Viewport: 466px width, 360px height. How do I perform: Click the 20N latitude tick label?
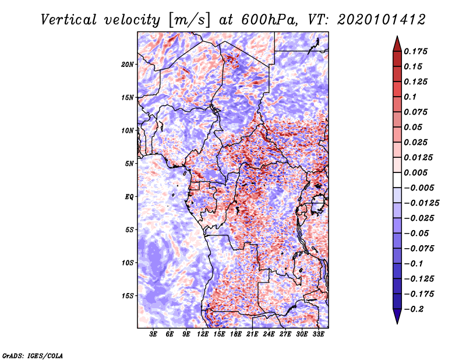128,65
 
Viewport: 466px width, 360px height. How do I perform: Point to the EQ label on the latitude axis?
129,197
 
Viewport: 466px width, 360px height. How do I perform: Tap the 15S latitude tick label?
128,296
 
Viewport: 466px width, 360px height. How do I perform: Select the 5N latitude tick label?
129,164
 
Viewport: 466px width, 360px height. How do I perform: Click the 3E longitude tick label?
153,334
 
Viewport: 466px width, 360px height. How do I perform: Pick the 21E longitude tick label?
252,334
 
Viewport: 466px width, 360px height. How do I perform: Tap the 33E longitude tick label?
318,334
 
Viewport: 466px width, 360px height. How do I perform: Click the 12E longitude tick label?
203,334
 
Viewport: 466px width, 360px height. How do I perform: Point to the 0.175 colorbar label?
415,51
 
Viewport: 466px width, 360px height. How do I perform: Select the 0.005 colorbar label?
415,172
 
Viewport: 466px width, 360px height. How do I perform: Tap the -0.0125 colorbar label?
421,203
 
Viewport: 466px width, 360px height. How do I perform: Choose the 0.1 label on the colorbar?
410,97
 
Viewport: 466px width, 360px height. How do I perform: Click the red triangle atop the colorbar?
397,44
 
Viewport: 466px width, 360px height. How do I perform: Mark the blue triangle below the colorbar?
397,316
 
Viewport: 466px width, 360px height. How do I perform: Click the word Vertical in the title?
69,20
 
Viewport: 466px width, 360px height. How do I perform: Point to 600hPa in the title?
269,20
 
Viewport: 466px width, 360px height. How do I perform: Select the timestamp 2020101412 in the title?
382,20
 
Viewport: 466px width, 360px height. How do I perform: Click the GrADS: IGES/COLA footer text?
33,355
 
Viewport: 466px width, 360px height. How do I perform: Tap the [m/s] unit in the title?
189,20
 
